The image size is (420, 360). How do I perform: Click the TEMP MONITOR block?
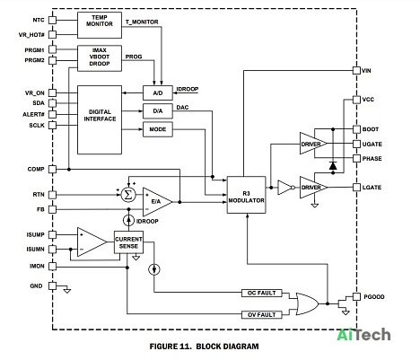pos(100,25)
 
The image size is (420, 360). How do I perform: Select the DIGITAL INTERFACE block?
pos(100,119)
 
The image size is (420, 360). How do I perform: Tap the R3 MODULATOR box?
pos(246,195)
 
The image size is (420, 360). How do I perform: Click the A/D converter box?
pos(158,93)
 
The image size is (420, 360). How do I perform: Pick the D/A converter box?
pos(158,111)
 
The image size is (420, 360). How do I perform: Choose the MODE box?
pos(158,129)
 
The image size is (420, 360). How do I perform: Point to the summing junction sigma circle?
pos(128,195)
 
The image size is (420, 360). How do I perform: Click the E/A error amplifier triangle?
pos(155,202)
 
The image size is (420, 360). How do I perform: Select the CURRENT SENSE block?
pos(128,242)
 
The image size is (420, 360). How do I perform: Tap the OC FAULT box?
pos(262,293)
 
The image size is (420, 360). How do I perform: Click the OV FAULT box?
pos(262,315)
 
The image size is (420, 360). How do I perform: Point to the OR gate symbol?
pos(307,303)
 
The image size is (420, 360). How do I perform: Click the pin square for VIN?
pos(356,71)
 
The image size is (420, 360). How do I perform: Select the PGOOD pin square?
pos(356,297)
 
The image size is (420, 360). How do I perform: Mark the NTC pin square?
pos(52,20)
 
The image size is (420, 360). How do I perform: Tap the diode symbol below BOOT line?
pos(333,165)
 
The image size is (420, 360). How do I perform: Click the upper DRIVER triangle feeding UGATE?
pos(312,144)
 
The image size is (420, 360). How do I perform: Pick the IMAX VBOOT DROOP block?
pos(100,58)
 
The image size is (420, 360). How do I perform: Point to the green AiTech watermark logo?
pos(363,335)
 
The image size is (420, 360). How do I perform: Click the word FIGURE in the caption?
pos(164,347)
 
